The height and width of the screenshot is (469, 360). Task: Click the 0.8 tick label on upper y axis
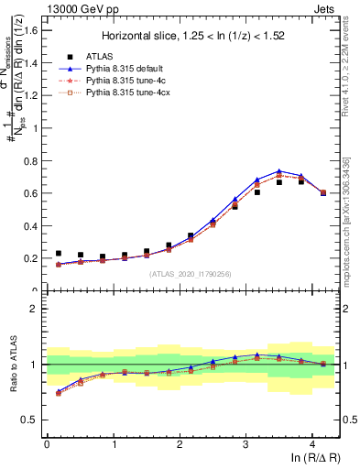(31, 160)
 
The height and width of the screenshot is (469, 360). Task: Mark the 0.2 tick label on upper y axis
(31, 258)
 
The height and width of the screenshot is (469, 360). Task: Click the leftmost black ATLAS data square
(59, 254)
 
